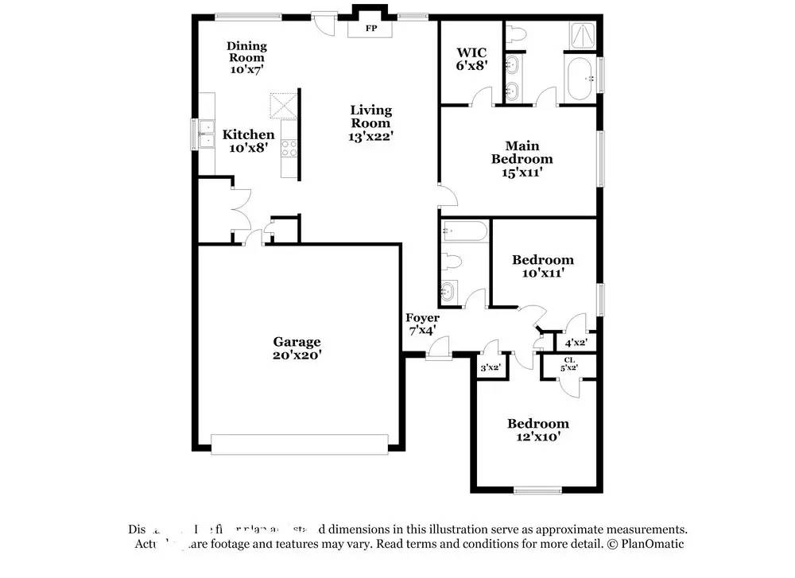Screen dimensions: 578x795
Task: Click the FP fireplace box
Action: tap(370, 29)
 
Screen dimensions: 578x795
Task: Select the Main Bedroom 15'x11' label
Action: tap(522, 158)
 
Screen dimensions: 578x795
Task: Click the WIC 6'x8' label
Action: tap(471, 60)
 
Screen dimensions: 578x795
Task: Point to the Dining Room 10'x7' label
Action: tap(246, 58)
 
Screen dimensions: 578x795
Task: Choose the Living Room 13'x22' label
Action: tap(371, 123)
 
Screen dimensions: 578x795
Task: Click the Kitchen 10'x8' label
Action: tap(248, 142)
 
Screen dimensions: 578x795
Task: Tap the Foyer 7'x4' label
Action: tap(422, 324)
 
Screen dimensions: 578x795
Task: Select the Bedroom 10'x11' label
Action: tap(543, 266)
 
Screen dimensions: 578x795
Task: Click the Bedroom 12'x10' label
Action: tap(538, 430)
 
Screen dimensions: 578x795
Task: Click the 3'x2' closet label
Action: tap(489, 367)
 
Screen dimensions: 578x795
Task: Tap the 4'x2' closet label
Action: tap(574, 343)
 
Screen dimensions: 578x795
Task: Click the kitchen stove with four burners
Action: tap(289, 148)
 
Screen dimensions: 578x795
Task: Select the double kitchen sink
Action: tap(206, 134)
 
